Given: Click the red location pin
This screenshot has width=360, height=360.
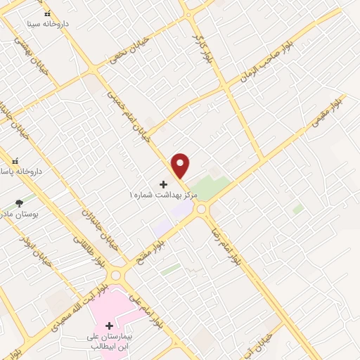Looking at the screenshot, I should click(x=181, y=165).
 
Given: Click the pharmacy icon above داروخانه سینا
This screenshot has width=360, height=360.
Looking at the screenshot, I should click(x=46, y=13).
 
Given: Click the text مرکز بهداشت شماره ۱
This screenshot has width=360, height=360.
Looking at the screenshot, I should click(x=163, y=194).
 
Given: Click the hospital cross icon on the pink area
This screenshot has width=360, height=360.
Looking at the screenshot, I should click(x=109, y=326).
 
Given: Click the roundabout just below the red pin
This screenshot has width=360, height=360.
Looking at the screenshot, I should click(x=202, y=209).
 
